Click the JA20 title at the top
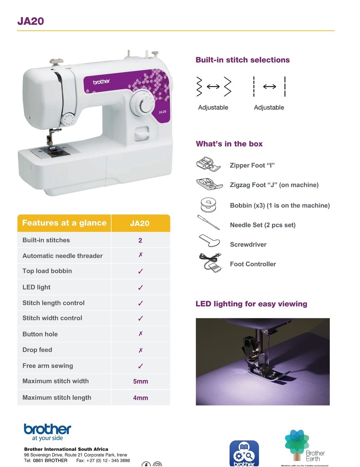pos(31,21)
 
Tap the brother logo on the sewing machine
pos(101,82)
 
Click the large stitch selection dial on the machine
pos(142,104)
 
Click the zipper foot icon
pos(208,164)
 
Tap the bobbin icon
pos(208,205)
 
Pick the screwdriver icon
pos(209,241)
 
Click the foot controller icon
pos(210,263)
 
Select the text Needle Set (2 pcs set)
pos(263,225)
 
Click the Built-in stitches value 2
pos(140,240)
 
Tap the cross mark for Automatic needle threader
pos(140,255)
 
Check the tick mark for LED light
pos(140,287)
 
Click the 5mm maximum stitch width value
pos(140,381)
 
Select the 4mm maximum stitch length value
pos(140,398)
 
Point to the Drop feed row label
pos(37,350)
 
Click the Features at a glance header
pos(64,223)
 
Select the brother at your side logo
pos(47,432)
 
